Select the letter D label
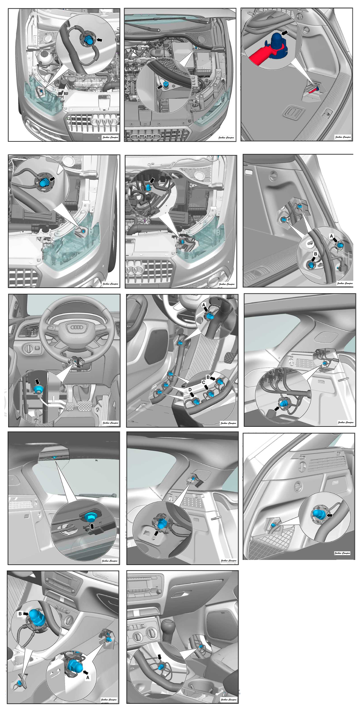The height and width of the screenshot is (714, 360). point(190,390)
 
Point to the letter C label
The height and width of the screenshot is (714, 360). point(204,382)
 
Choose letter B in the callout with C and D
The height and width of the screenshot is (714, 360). point(208,377)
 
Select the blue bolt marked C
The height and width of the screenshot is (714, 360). point(211,393)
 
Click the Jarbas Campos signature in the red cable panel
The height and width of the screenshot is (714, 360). point(343,137)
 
